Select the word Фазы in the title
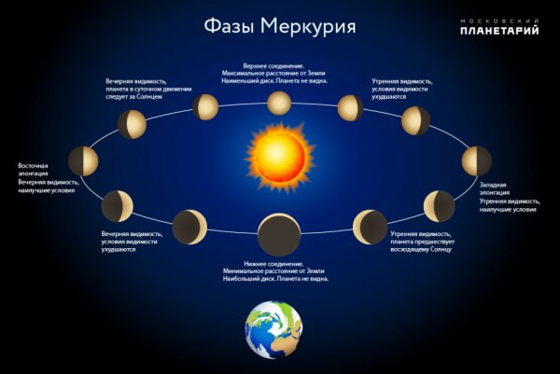click(x=228, y=25)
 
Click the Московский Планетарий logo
click(x=499, y=25)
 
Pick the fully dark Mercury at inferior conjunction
click(x=278, y=235)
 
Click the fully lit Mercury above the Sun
click(x=279, y=102)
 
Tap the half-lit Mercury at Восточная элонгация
click(x=83, y=159)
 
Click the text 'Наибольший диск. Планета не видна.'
click(x=277, y=279)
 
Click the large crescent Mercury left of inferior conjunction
click(x=190, y=227)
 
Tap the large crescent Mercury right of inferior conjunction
click(x=370, y=227)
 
